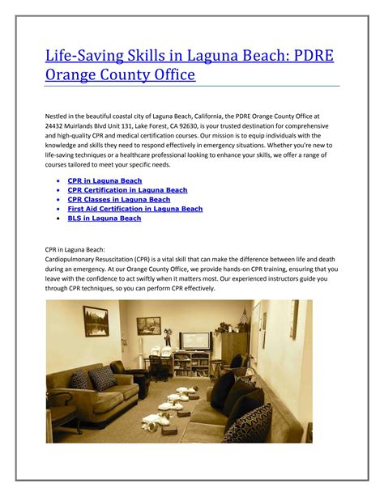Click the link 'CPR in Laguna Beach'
tap(105, 180)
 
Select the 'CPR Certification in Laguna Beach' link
tap(127, 190)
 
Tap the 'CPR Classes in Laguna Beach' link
tap(118, 199)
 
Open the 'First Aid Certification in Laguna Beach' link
tap(135, 209)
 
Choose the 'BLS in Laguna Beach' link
tap(104, 218)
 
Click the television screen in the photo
tap(195, 340)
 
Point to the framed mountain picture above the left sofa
tap(96, 321)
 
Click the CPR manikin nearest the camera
tap(151, 421)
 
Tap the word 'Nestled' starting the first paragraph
tap(58, 116)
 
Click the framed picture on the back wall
tap(148, 324)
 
